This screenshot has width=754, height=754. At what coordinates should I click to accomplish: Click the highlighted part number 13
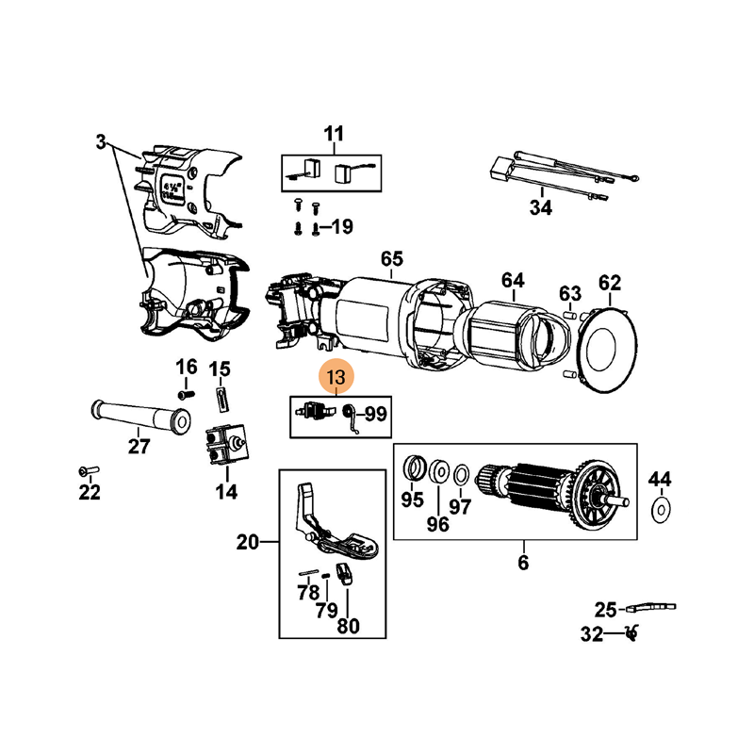(x=336, y=379)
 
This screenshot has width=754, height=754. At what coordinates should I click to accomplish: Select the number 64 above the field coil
(x=512, y=280)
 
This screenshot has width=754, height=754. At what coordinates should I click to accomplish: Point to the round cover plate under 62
(x=610, y=348)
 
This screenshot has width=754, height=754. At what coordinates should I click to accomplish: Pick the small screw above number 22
(x=87, y=468)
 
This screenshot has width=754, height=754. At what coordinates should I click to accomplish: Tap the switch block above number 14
(x=227, y=447)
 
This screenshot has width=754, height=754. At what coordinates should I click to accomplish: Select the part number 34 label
(x=539, y=208)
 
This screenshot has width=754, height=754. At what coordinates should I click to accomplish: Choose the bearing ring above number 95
(x=412, y=467)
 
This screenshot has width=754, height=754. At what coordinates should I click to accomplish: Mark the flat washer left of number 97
(x=438, y=471)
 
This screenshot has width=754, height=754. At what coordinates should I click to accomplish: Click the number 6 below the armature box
(x=523, y=564)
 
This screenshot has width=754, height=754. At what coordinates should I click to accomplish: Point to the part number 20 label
(x=247, y=542)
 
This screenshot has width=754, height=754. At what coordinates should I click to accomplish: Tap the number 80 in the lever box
(x=348, y=625)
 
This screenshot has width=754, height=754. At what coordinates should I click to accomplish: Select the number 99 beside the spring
(x=376, y=413)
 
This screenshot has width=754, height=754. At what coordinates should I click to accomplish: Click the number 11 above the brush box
(x=335, y=133)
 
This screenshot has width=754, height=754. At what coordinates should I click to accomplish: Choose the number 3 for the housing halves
(x=101, y=143)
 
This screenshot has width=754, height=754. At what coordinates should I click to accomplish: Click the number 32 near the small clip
(x=591, y=635)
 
